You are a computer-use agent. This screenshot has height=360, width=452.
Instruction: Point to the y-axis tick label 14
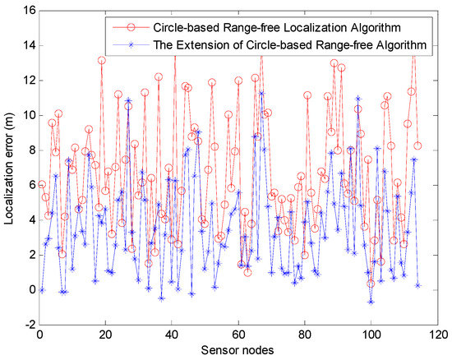(28, 46)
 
